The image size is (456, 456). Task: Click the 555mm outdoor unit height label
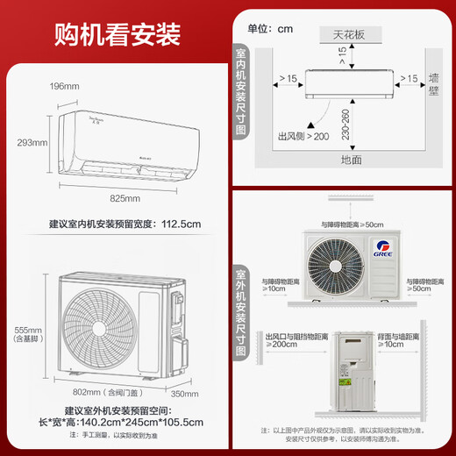click(20, 331)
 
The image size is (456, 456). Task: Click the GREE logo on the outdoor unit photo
click(383, 247)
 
